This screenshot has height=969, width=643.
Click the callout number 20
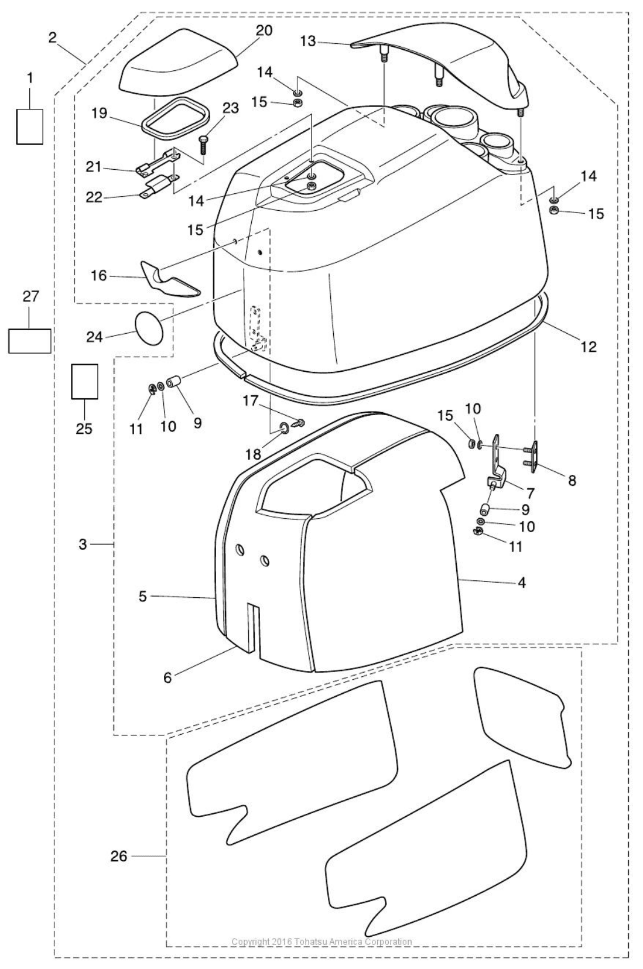click(264, 30)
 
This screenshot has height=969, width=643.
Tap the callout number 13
click(308, 41)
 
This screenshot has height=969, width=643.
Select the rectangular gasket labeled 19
click(175, 120)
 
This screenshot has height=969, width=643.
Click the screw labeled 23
click(203, 142)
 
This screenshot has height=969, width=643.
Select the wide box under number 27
click(29, 340)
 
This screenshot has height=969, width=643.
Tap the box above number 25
click(84, 381)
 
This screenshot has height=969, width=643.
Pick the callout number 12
click(588, 347)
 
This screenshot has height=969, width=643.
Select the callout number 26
click(119, 856)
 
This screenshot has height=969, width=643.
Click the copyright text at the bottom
click(321, 941)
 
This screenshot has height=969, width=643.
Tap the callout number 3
click(83, 544)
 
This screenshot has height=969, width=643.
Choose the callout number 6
click(167, 677)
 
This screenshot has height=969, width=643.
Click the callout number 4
click(521, 582)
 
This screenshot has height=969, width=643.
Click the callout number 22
click(94, 197)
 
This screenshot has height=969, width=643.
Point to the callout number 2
click(53, 37)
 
